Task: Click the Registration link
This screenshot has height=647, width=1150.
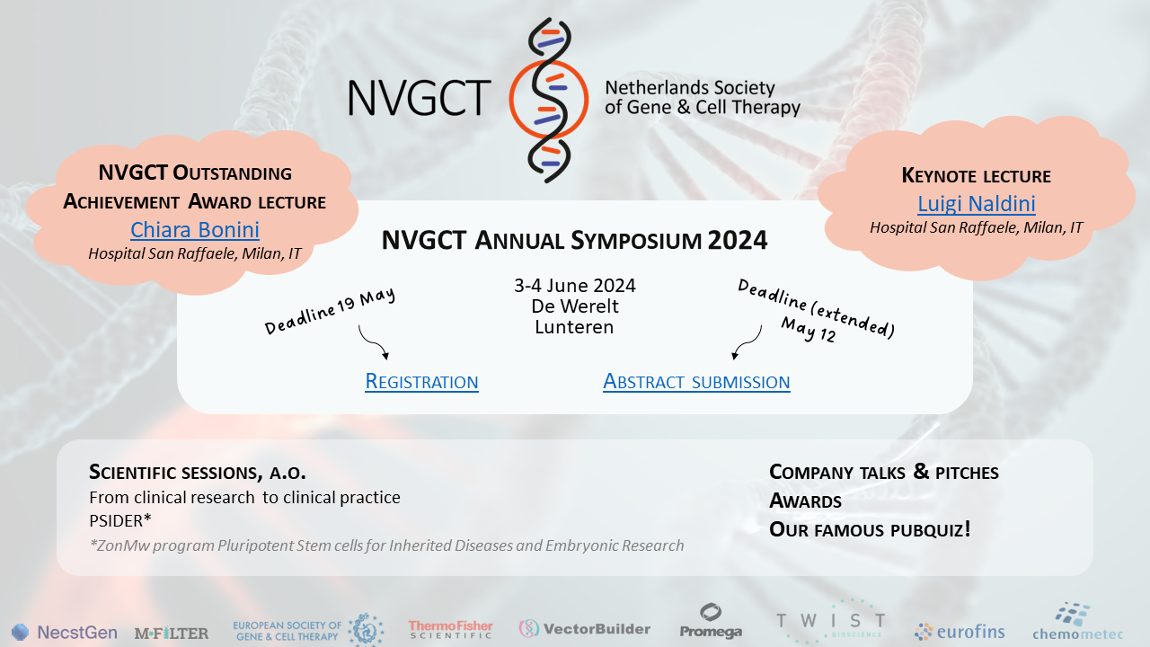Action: [x=421, y=382]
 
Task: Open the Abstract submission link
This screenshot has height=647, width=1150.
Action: [x=696, y=382]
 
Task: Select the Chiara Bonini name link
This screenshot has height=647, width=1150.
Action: [x=195, y=229]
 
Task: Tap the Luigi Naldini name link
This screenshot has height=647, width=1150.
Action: [x=977, y=203]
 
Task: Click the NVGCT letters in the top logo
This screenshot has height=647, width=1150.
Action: [x=420, y=98]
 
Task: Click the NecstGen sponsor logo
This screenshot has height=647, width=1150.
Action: [x=64, y=632]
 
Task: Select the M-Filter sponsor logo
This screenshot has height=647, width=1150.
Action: [x=172, y=634]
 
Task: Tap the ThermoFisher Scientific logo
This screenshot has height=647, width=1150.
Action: [x=450, y=630]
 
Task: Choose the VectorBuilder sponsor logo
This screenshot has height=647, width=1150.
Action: [x=584, y=629]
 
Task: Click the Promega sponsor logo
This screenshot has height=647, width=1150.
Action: [x=711, y=621]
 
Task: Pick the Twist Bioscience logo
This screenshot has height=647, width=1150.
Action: [x=831, y=622]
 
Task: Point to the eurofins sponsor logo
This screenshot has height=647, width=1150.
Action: [x=960, y=632]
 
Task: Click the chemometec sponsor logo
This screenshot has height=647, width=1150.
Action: [x=1077, y=622]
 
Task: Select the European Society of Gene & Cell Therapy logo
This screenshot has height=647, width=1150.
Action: [x=308, y=630]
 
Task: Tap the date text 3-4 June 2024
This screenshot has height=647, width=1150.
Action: [x=575, y=286]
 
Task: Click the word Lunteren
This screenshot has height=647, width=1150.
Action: [x=574, y=327]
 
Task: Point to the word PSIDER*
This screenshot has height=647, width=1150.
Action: [x=120, y=520]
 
